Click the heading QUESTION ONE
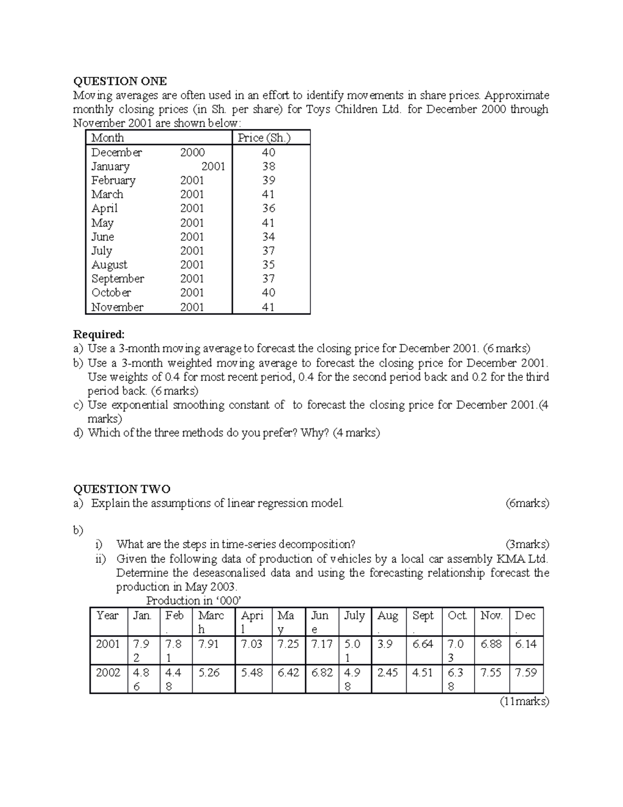click(x=120, y=81)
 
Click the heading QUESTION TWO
click(x=121, y=489)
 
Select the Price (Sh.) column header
click(x=264, y=138)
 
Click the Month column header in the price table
click(x=107, y=138)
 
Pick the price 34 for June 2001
click(x=268, y=237)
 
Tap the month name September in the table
click(x=118, y=279)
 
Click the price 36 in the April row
click(x=268, y=208)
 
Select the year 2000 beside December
click(x=192, y=152)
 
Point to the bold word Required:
click(x=99, y=334)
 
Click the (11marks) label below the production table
click(x=524, y=702)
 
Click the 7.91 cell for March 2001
click(x=209, y=644)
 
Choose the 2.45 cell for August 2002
click(x=387, y=673)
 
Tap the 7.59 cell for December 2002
click(x=525, y=673)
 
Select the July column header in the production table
click(x=354, y=616)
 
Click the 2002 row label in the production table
click(x=107, y=673)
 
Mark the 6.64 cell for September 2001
click(x=423, y=644)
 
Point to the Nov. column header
click(x=491, y=616)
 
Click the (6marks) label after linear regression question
click(x=526, y=503)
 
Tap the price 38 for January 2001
click(x=268, y=166)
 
